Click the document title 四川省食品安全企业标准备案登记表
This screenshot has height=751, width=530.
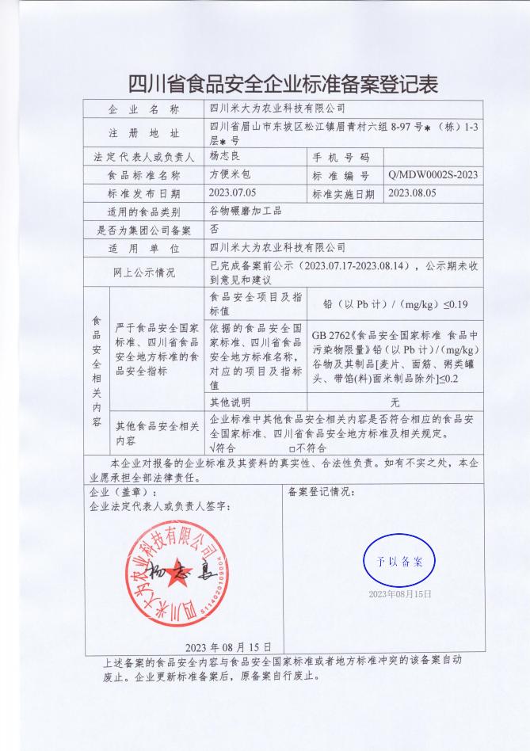(283, 82)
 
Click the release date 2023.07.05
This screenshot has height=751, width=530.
(233, 193)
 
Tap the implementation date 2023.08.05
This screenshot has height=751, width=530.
(412, 193)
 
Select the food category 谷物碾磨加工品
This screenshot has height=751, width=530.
(245, 211)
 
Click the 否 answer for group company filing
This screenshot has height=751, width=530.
(214, 229)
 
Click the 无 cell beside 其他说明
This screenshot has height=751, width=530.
(395, 402)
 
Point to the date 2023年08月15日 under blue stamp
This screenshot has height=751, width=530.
(399, 593)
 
